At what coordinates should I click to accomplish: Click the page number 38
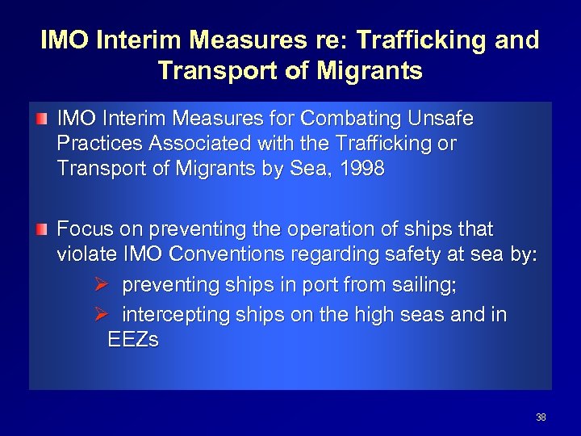[541, 417]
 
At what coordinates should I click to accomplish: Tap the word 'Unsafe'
[445, 119]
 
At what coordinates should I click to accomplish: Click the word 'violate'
[85, 257]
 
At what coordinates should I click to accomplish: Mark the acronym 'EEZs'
[132, 340]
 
